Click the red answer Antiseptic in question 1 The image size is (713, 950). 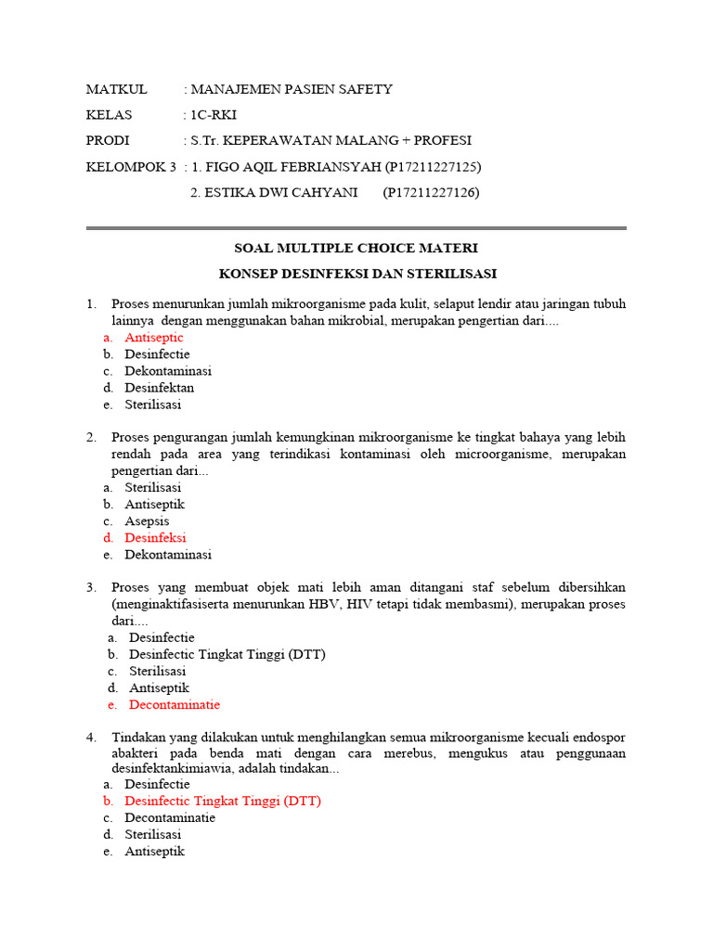(154, 338)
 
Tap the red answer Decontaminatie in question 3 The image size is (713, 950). (175, 704)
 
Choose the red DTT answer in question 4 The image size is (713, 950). (223, 801)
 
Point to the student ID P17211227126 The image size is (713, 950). (431, 192)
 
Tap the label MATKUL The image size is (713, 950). (116, 89)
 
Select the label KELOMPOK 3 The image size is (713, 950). (130, 167)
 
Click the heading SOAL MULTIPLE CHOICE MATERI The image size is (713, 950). (356, 249)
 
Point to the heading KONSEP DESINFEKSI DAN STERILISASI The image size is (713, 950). (357, 274)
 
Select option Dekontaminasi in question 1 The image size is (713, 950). (168, 371)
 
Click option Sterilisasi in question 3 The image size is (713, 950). (157, 671)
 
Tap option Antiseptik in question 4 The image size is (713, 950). (154, 851)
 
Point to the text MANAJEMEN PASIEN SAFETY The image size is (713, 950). (292, 89)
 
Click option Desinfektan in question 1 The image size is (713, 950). (160, 388)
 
